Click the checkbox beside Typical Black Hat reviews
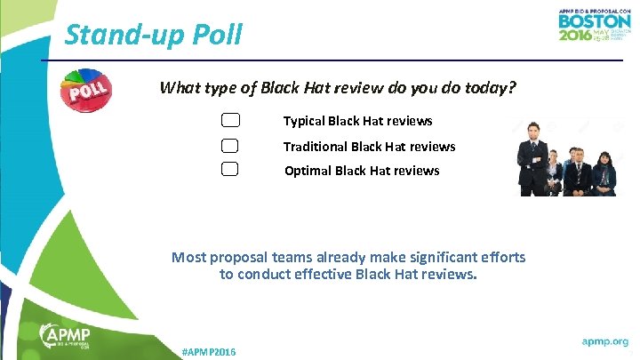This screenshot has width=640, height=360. (x=230, y=121)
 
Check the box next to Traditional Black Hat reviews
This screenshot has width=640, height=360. (x=230, y=146)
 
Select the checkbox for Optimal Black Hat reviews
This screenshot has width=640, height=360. (x=230, y=170)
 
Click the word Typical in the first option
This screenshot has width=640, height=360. (x=303, y=121)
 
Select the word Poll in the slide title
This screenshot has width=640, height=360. (x=214, y=36)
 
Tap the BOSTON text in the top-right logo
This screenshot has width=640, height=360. (x=594, y=20)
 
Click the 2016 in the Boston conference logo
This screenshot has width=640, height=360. (x=577, y=36)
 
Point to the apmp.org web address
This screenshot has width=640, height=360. (x=604, y=341)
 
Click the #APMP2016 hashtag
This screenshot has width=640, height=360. (x=208, y=353)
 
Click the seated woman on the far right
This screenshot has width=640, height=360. (x=604, y=172)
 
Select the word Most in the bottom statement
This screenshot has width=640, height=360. (x=188, y=257)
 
